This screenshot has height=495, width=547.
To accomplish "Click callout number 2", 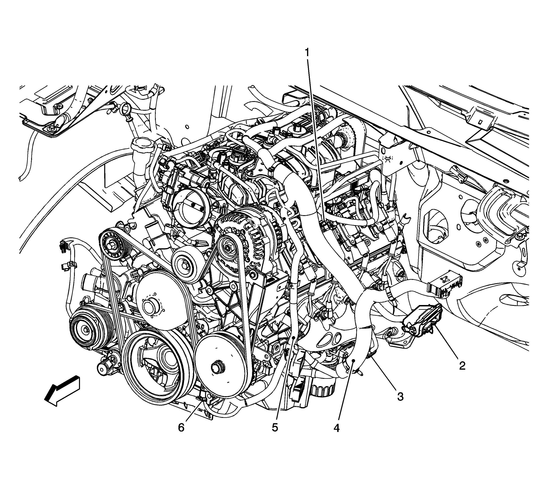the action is pos(462,366).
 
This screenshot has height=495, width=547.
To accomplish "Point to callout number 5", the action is pos(275,428).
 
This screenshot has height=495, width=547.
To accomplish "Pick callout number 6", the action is pos(181,428).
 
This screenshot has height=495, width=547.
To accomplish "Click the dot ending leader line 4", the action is pos(353,360).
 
